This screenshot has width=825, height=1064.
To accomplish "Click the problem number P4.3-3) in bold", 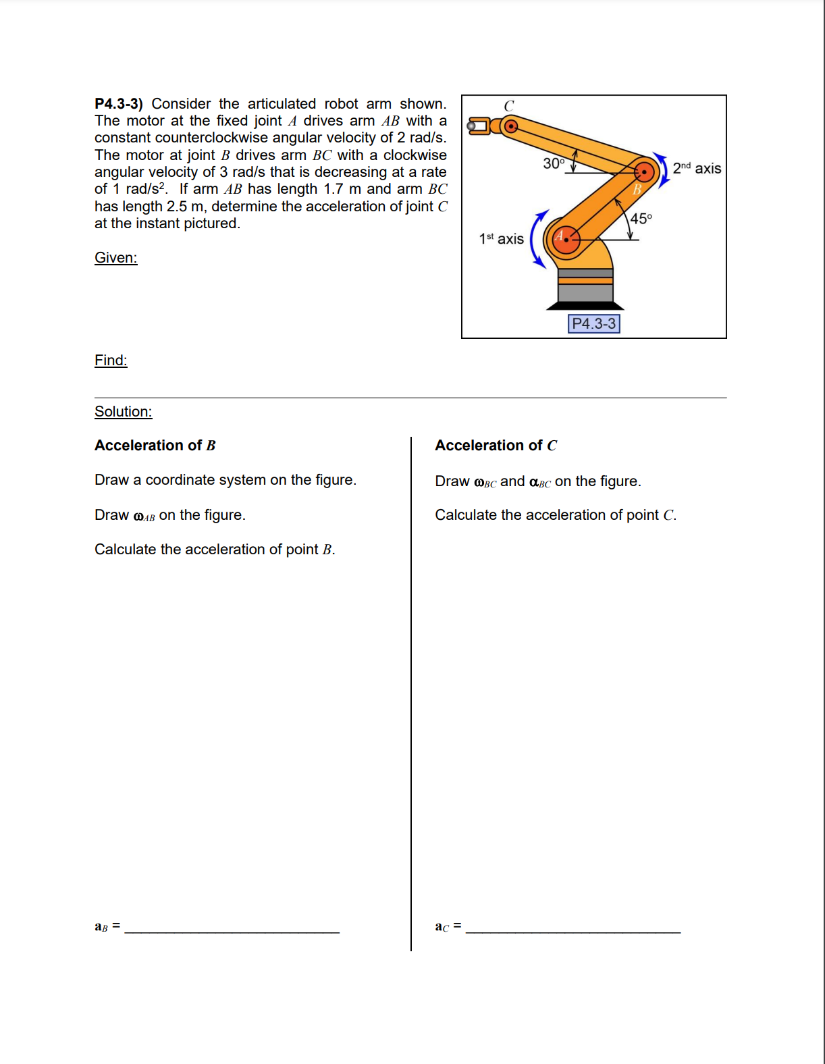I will coord(118,104).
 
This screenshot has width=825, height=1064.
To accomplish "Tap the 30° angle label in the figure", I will coord(554,163).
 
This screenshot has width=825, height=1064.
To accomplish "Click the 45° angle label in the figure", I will coord(641,218).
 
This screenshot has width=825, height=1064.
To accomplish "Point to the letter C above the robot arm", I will coord(509,106).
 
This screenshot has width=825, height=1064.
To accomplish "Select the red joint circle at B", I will coord(645,172).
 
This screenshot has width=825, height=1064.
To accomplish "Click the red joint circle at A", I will coord(566,239).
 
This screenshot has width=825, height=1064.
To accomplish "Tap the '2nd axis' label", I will coord(697,168).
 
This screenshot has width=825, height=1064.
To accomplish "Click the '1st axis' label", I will coord(501,239).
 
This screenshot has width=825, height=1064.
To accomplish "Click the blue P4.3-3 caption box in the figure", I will coord(593,324).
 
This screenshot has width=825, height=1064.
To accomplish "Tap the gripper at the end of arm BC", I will coord(479,126).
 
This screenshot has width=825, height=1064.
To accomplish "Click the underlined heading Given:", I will coord(115,258).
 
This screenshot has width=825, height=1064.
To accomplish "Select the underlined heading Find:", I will coord(111,361).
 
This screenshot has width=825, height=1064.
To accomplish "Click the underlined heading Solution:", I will coord(123,412).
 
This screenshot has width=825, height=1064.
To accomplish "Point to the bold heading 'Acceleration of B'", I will coord(155,446).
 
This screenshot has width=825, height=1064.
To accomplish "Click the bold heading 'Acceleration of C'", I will coord(496,446).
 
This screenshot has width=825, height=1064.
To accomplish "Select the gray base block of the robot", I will coord(585,292).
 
